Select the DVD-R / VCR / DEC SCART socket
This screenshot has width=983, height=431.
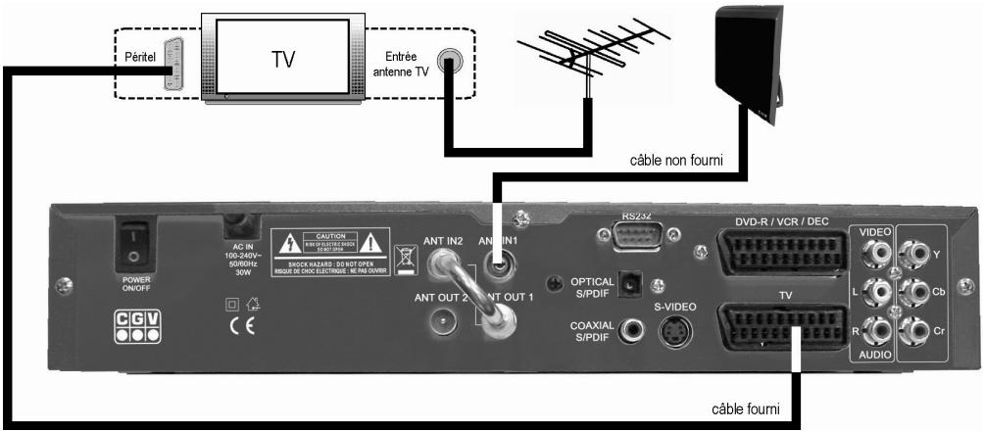pos(775,254)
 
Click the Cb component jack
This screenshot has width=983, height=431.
pos(915,292)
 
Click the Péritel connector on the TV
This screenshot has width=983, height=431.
pos(172,66)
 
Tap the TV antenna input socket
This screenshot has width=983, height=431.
pos(449,61)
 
